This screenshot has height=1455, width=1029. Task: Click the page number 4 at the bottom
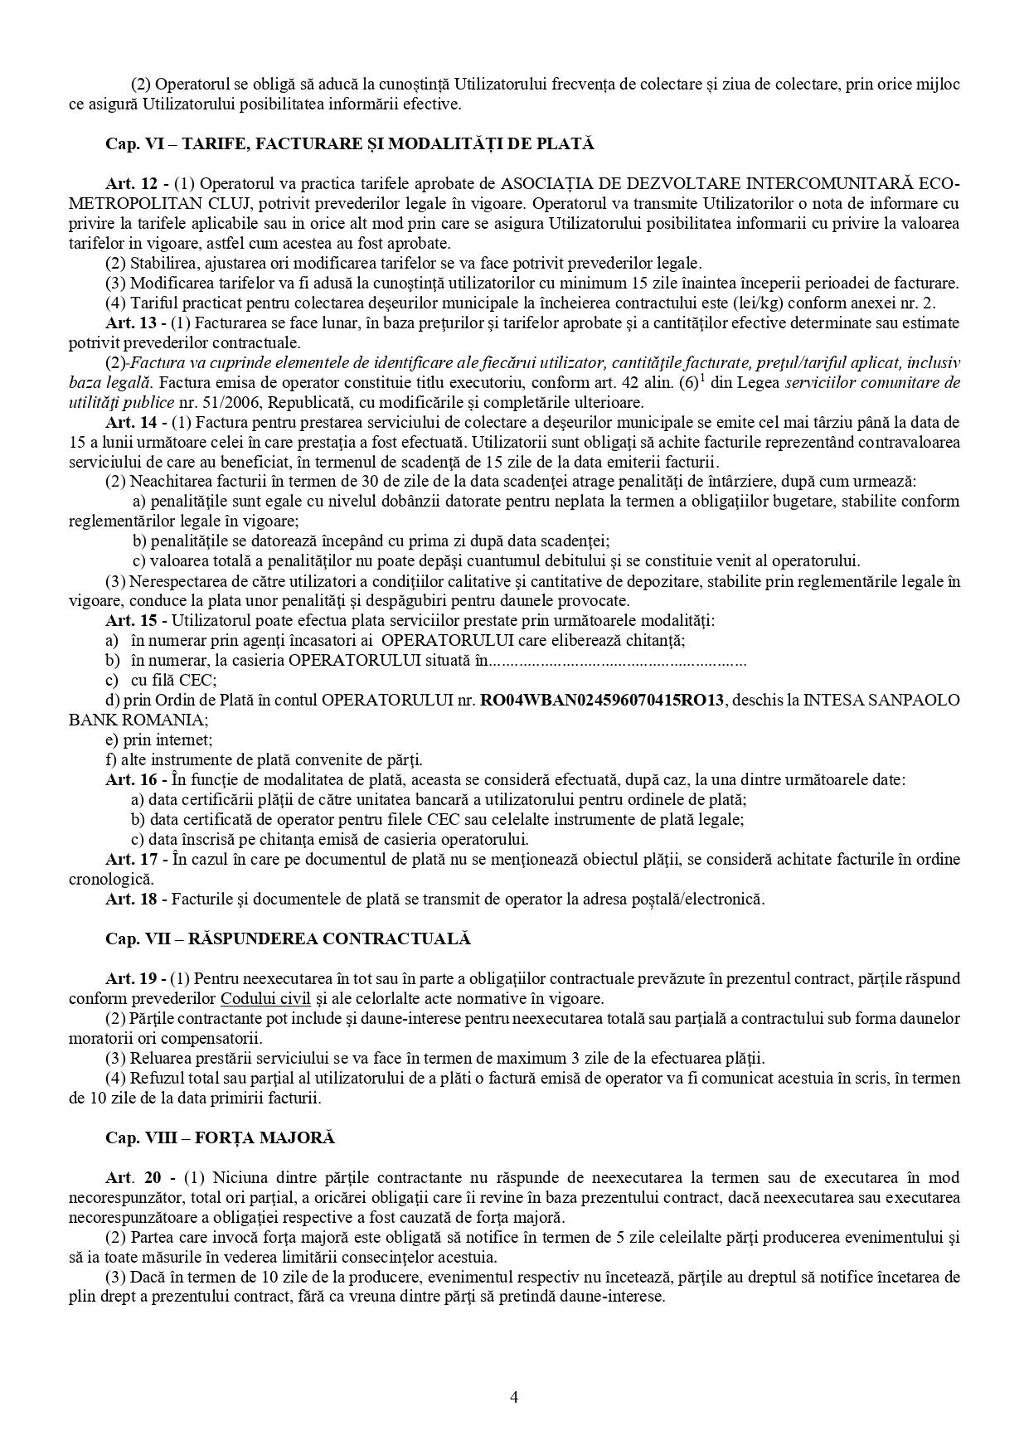(x=514, y=1397)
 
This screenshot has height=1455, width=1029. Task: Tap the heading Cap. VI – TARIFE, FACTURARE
(x=350, y=143)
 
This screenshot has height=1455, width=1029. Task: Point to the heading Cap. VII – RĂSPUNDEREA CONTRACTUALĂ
(x=288, y=938)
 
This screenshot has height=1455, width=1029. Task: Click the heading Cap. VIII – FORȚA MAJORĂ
(x=220, y=1137)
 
